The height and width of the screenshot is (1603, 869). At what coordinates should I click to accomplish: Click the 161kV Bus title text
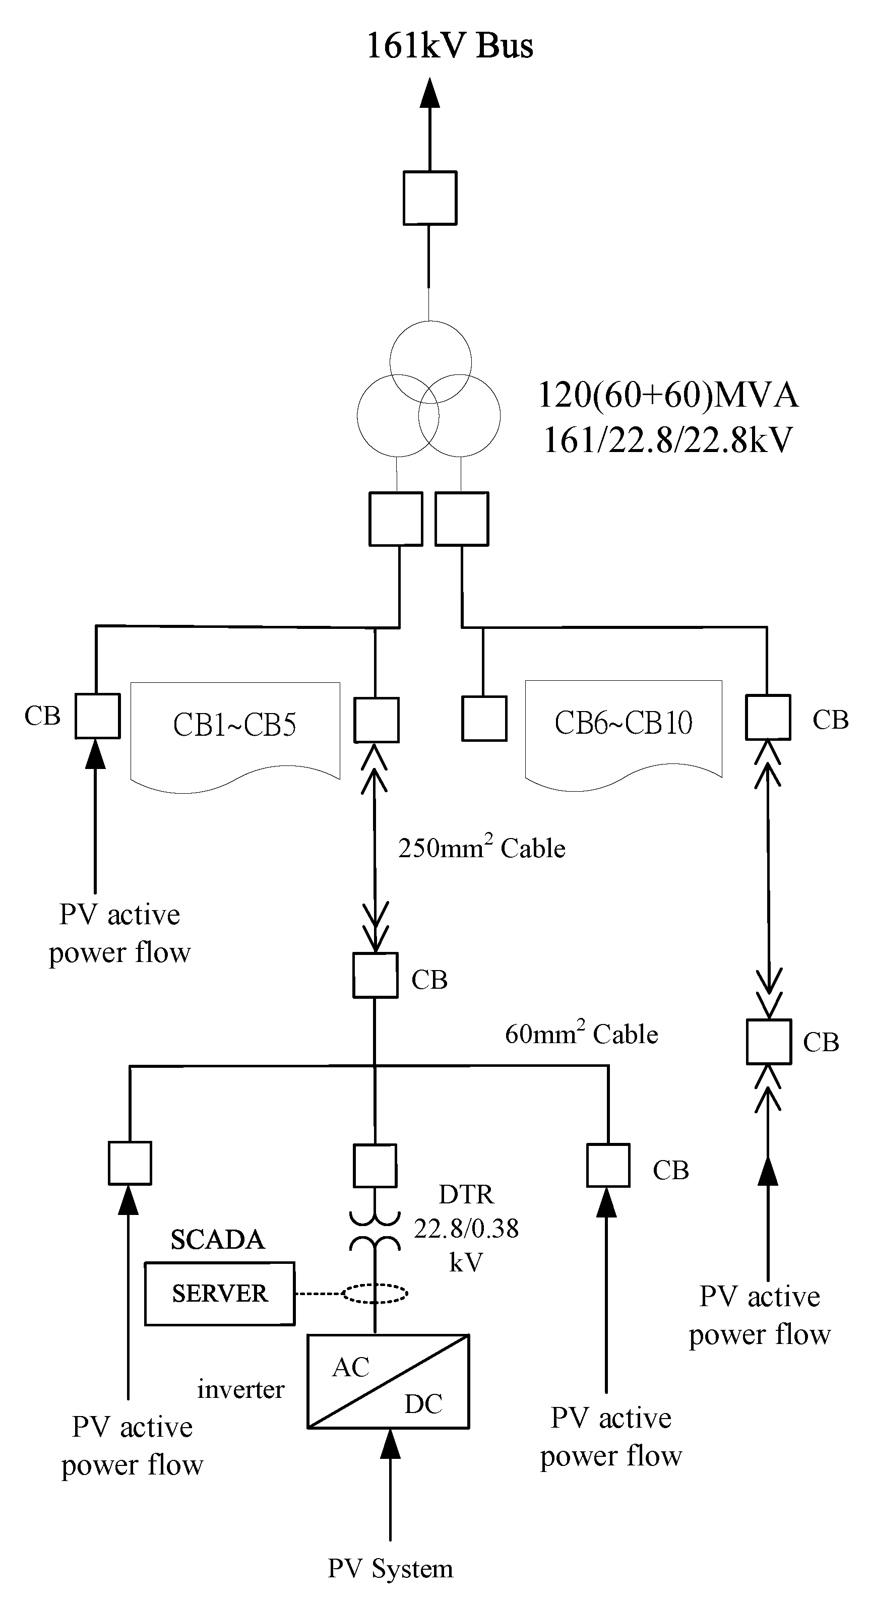[x=450, y=46]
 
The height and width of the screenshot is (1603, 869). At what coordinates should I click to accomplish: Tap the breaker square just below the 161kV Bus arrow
[x=429, y=198]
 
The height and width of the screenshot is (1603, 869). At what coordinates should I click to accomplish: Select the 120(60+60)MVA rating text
[x=667, y=395]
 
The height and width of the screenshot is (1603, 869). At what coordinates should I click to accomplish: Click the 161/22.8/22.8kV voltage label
[x=667, y=439]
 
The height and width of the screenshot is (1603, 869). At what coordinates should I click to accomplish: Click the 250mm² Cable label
[x=481, y=848]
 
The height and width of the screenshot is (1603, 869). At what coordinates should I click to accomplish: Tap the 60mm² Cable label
[x=581, y=1034]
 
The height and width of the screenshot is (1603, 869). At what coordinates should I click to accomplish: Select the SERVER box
[x=219, y=1293]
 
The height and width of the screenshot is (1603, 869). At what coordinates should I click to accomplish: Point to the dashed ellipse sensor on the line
[x=375, y=1294]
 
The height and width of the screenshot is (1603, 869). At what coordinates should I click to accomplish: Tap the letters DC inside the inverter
[x=423, y=1404]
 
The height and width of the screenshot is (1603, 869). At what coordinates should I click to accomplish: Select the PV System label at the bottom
[x=390, y=1568]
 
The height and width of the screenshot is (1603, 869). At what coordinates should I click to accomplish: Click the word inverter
[x=240, y=1389]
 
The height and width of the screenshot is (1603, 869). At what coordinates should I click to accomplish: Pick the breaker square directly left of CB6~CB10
[x=484, y=718]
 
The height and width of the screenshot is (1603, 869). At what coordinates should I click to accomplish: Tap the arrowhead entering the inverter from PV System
[x=390, y=1442]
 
